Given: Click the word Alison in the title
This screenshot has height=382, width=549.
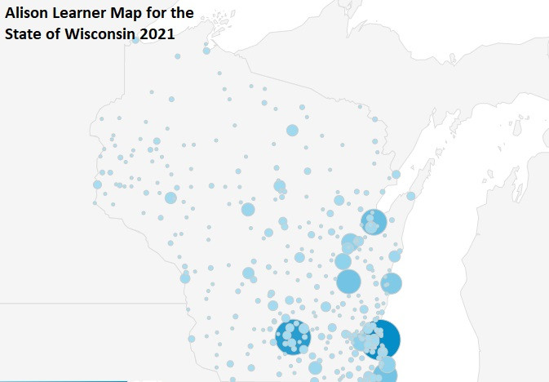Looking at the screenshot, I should pos(29,14).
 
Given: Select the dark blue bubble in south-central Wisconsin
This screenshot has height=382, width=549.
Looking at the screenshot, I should pos(293,337).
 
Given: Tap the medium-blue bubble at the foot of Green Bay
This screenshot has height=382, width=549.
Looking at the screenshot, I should pos(374,222).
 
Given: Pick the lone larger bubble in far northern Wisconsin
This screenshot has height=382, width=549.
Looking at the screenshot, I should pos(292,130).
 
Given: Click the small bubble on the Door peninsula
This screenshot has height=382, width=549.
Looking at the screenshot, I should pos(410,196).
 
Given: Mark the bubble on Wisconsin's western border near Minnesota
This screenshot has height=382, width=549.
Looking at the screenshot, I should pos(97,184).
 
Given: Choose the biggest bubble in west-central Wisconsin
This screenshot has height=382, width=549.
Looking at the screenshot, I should pos(170,198).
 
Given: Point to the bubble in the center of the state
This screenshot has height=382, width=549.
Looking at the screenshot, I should pos(248,210).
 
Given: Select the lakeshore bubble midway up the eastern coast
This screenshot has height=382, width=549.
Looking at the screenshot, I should pos(392,283).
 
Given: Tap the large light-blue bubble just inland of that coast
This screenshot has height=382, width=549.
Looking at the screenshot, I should pos(348,282).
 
